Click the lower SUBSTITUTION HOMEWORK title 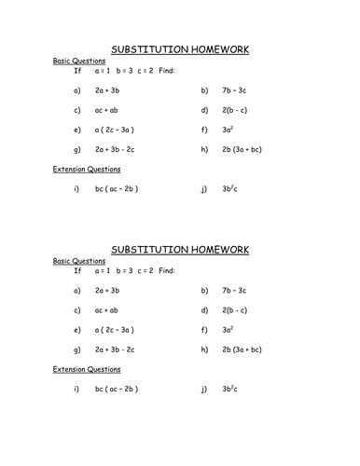click(180, 251)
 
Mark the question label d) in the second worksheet click(204, 310)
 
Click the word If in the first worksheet click(77, 70)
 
